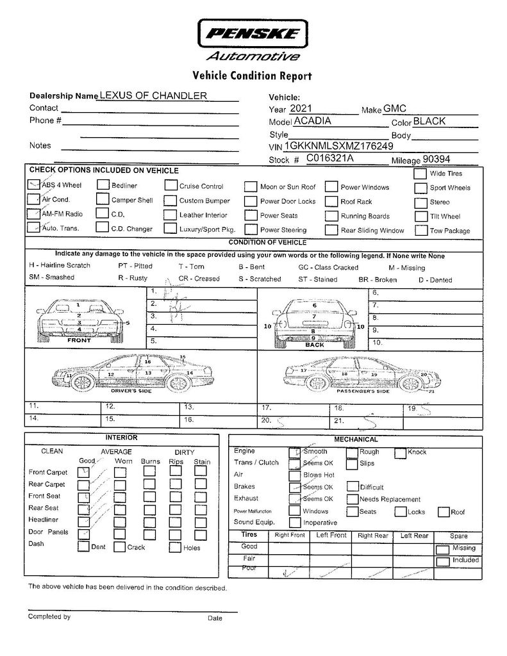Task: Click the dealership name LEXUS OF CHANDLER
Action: click(x=153, y=95)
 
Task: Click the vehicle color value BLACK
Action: click(x=429, y=121)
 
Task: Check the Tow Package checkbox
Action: click(x=420, y=230)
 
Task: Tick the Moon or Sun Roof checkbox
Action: click(x=250, y=187)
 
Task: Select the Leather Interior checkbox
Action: click(x=170, y=215)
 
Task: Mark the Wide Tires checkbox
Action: click(x=420, y=174)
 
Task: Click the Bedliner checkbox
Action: click(x=102, y=186)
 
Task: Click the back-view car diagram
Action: click(x=313, y=320)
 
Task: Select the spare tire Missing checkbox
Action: click(x=442, y=548)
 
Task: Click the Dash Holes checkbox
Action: click(x=175, y=547)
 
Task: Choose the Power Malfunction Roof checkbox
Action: click(x=443, y=511)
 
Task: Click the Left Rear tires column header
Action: click(x=413, y=536)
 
